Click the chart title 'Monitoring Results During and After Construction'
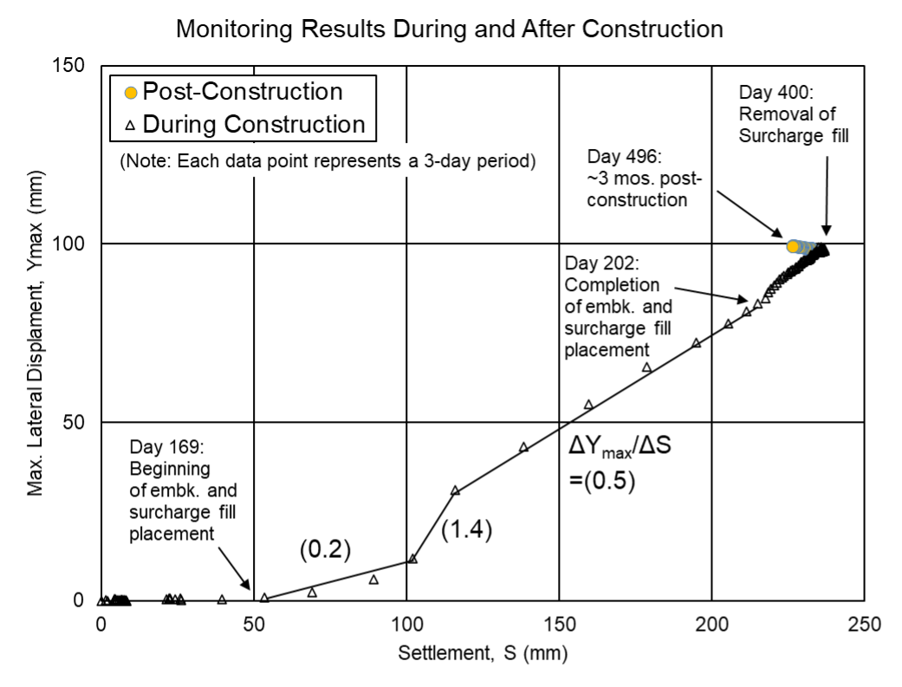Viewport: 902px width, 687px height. click(450, 29)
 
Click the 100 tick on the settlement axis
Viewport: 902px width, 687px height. click(406, 624)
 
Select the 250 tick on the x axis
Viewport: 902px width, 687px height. click(864, 624)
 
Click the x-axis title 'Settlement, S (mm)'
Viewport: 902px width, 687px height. click(483, 652)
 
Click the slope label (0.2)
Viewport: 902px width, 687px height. click(325, 548)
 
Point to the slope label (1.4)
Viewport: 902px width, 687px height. click(466, 530)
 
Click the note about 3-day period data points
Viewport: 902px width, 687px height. click(324, 161)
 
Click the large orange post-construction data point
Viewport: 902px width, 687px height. click(792, 246)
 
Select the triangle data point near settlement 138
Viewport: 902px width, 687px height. click(523, 447)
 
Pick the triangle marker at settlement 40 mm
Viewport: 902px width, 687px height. click(222, 600)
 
